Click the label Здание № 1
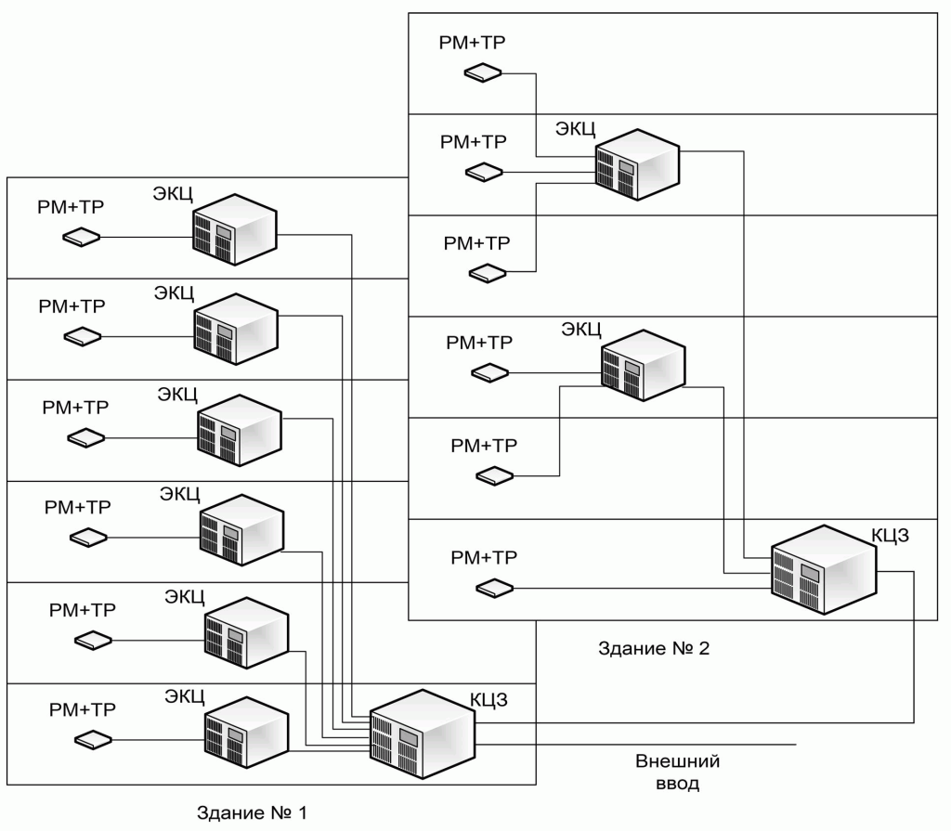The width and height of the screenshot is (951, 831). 251,814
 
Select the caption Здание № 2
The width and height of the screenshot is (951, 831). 655,648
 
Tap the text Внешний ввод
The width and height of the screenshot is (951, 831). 677,773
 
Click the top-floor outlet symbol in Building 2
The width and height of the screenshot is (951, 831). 484,72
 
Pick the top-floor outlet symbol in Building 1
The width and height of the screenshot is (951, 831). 82,237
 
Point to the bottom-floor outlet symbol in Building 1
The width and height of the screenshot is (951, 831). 93,740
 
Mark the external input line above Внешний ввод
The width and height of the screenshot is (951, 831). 650,744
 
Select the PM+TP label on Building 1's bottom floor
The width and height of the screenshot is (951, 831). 83,709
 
